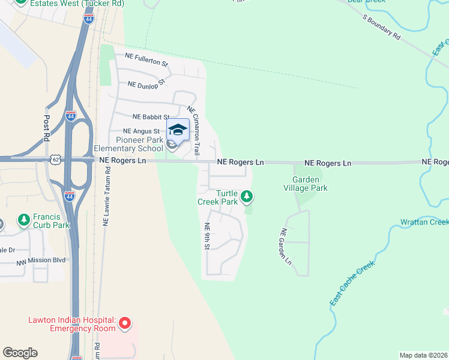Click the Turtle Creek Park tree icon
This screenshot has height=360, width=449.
[246, 196]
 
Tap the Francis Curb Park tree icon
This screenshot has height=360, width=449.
[24, 220]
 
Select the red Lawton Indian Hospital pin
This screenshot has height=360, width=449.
[125, 324]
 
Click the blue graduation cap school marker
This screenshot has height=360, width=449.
[177, 130]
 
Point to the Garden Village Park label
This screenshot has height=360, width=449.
[310, 184]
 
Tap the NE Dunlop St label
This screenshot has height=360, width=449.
[146, 85]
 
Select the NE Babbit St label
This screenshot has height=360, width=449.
[151, 117]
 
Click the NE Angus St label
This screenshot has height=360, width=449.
[141, 131]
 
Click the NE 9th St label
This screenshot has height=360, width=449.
[208, 237]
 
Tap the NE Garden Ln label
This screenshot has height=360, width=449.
[285, 247]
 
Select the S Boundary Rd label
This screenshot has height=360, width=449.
[381, 27]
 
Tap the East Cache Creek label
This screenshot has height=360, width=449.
[352, 283]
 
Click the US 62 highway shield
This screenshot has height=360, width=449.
[56, 160]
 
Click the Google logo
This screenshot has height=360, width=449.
[20, 353]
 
